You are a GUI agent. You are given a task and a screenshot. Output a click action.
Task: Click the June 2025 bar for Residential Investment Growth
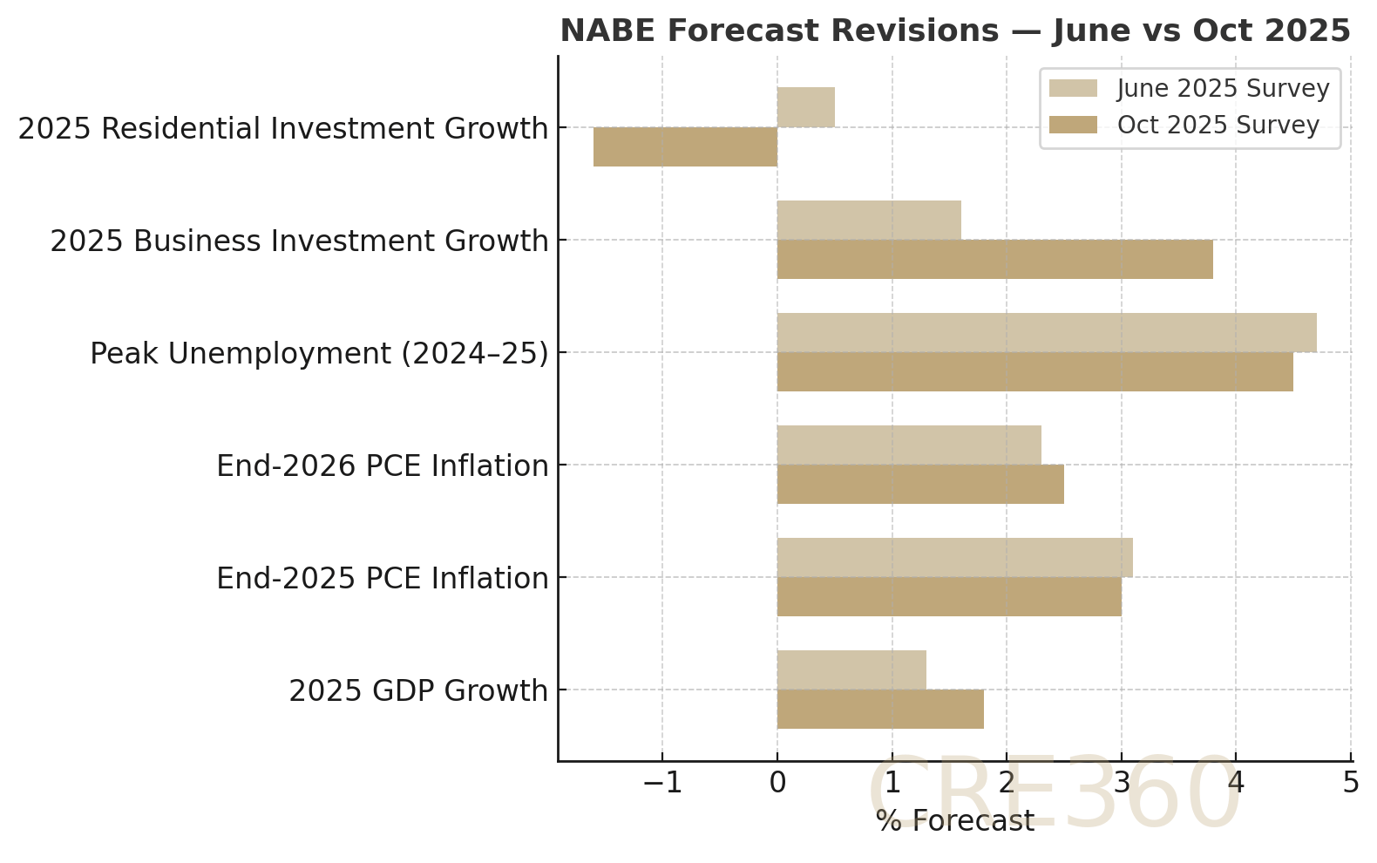coord(806,107)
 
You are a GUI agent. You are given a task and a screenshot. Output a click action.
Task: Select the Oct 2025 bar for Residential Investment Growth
coord(685,146)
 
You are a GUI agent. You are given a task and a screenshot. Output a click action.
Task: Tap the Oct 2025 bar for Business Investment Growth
coord(994,259)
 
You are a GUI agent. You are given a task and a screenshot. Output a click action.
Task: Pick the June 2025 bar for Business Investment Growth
coord(869,220)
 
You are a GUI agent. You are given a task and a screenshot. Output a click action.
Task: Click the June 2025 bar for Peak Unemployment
coord(1046,332)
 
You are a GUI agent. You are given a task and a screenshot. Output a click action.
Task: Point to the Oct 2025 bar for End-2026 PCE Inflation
coord(920,484)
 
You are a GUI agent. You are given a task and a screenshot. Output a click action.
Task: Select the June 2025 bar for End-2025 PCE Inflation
coord(954,557)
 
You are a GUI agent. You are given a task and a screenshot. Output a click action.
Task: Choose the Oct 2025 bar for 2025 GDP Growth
coord(880,709)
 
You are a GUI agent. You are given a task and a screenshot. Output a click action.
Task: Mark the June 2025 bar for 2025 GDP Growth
coord(851,669)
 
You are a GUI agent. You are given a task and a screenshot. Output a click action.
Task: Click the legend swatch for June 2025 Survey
coord(1073,89)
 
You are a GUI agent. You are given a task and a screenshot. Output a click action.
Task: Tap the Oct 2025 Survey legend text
coord(1218,126)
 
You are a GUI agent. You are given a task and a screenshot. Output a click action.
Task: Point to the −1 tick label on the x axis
coord(661,783)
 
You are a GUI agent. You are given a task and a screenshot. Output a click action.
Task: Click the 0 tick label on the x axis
coord(777,783)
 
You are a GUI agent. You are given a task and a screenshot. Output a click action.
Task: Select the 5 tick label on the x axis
coord(1350,783)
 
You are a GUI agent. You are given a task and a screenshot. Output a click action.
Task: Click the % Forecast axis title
coord(954,821)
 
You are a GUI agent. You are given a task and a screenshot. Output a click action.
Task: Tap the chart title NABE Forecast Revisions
coord(954,31)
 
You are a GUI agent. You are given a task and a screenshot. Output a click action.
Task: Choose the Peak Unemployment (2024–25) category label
coord(319,353)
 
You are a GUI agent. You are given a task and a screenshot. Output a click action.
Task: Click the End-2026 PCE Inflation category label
coord(382,465)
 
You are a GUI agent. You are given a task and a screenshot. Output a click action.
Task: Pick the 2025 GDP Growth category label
coord(418,690)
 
